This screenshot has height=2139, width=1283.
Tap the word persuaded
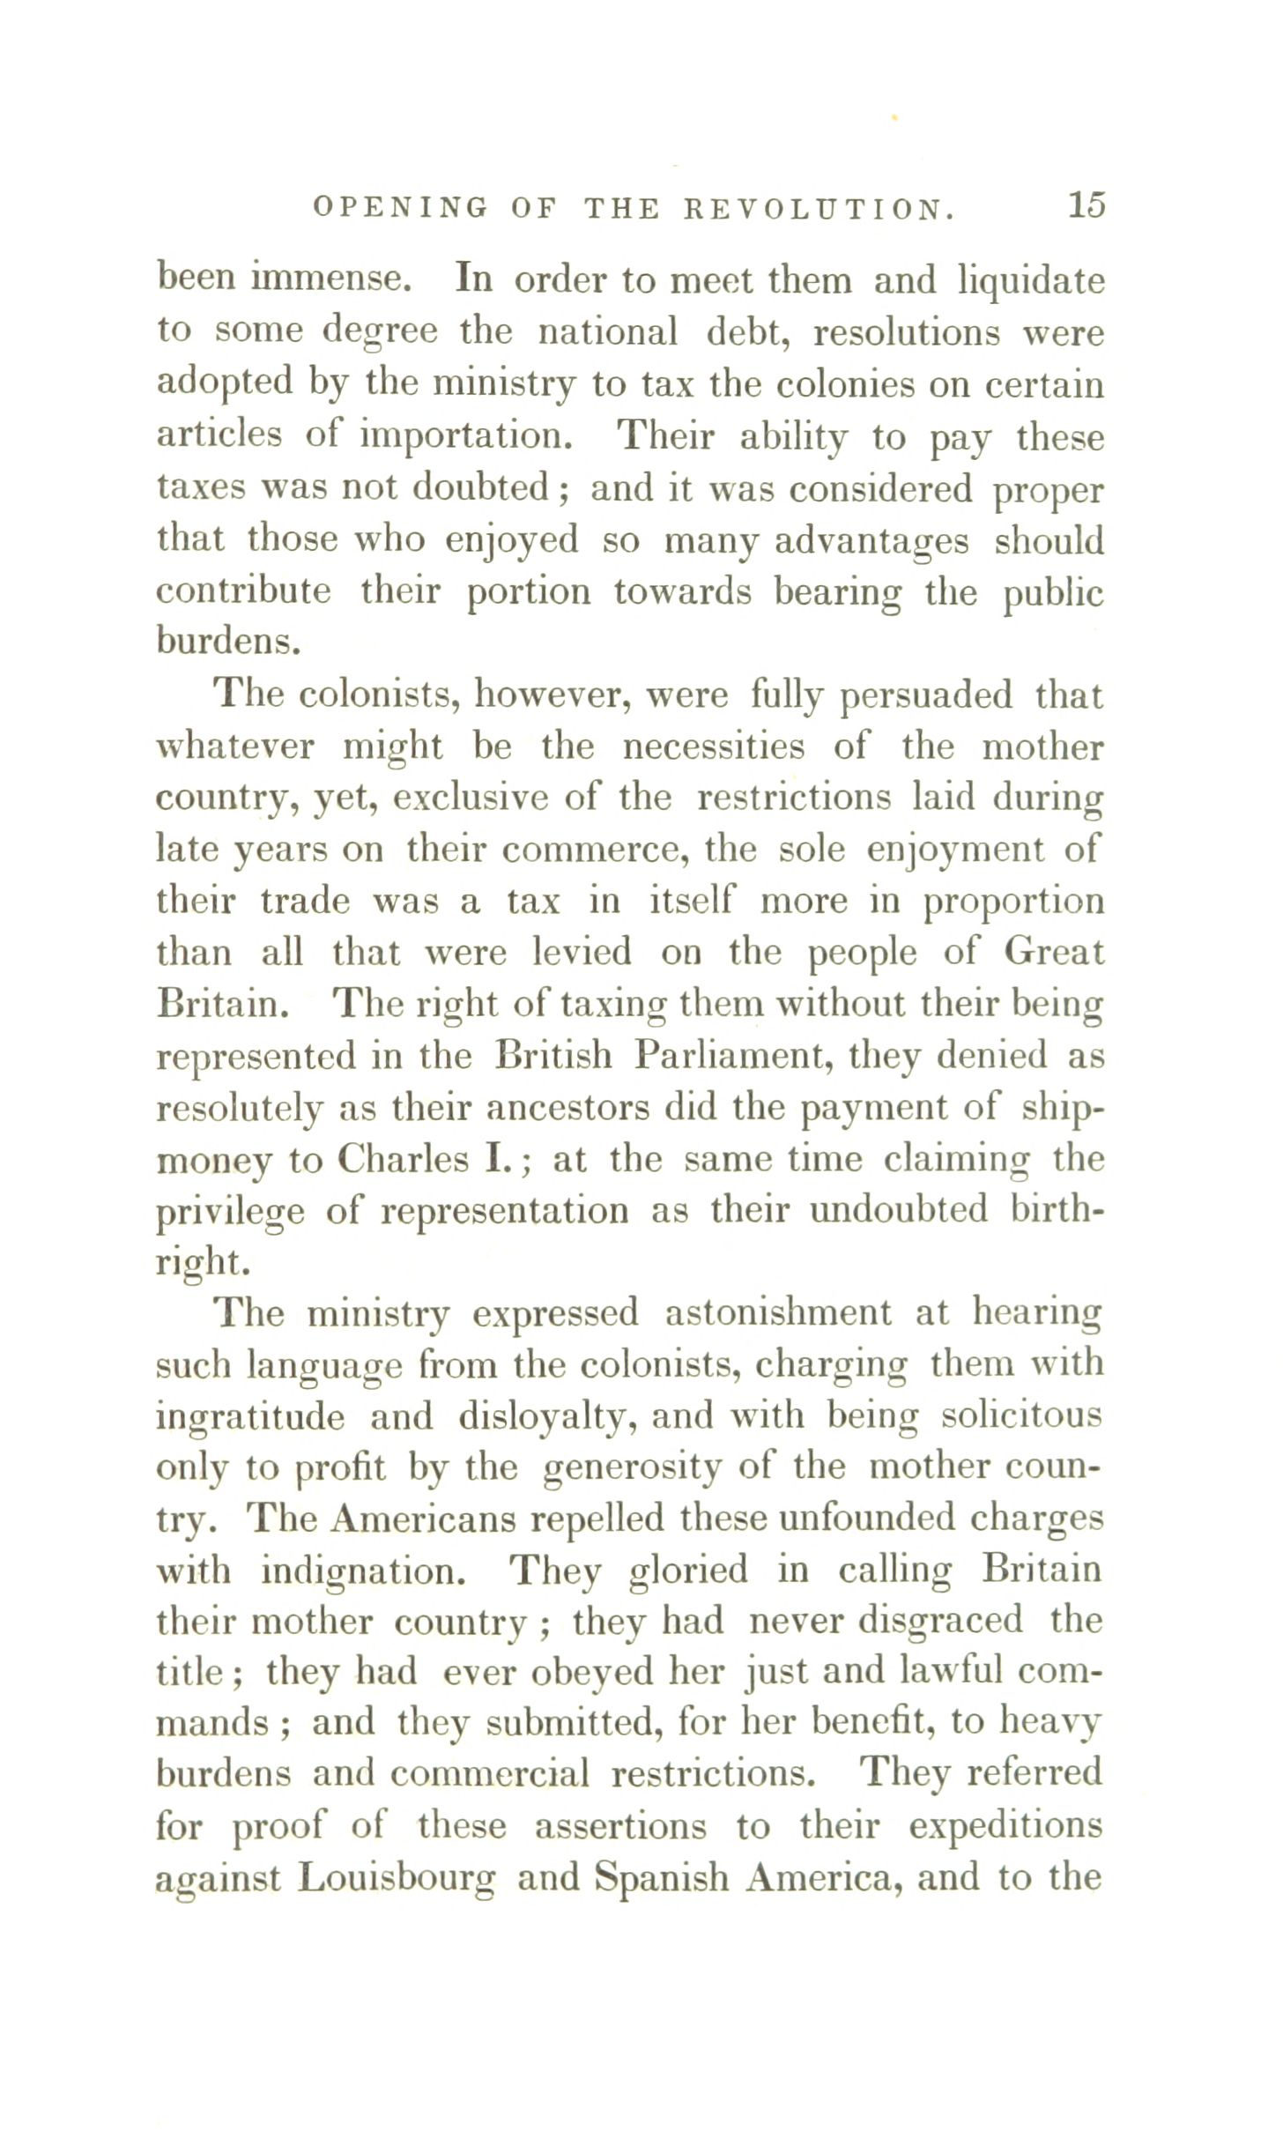click(x=927, y=696)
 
